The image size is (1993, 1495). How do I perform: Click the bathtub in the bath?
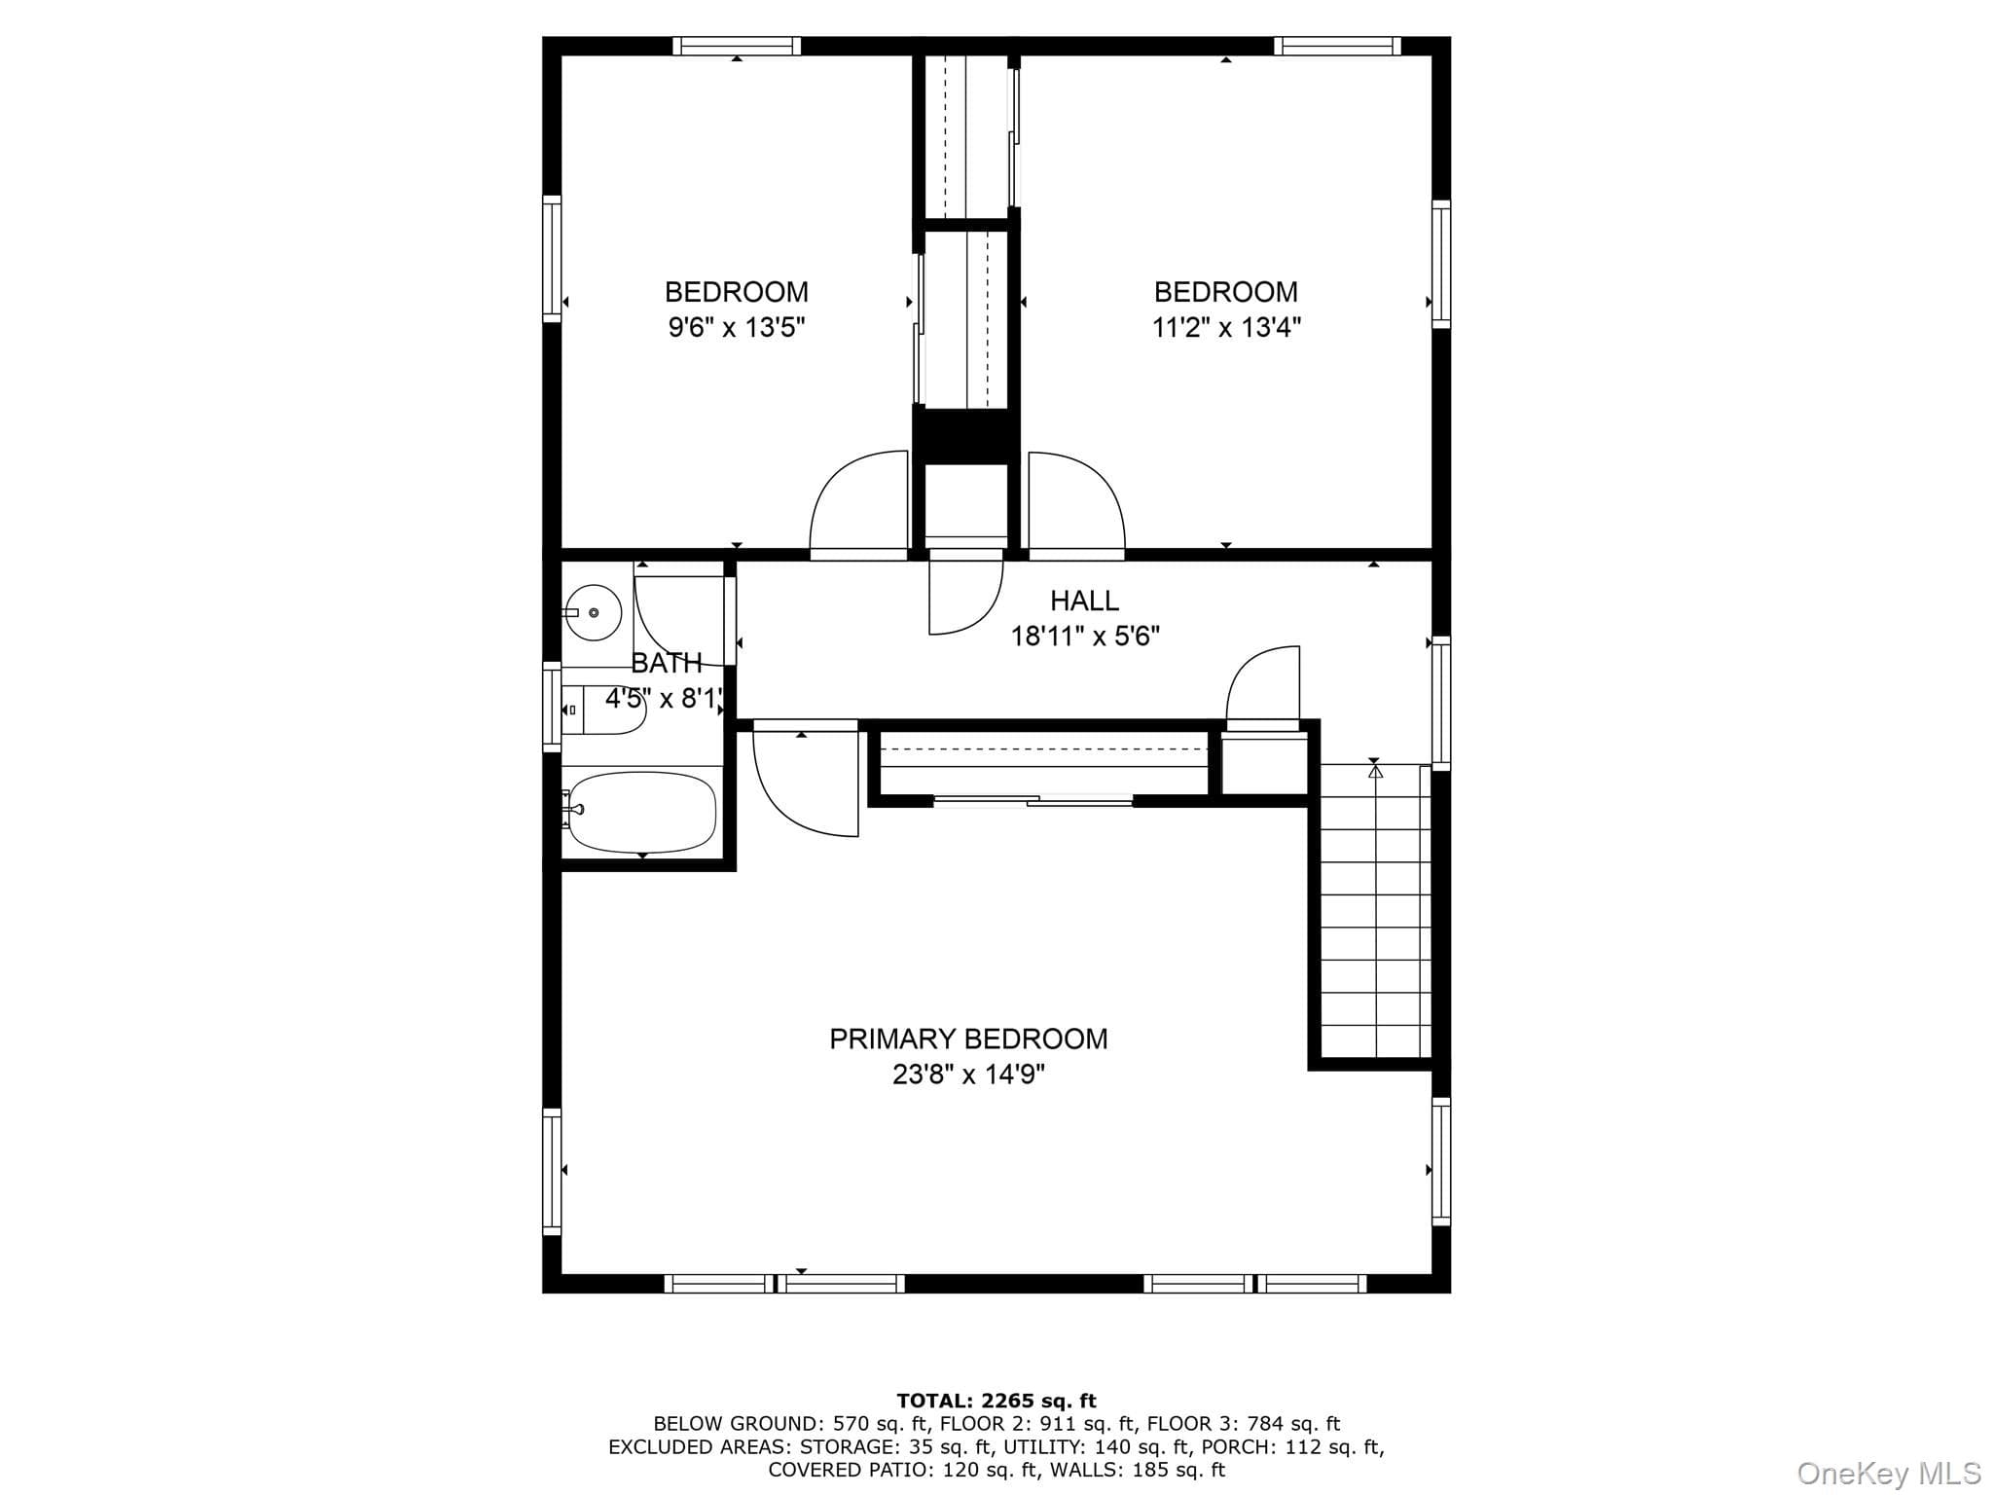[x=642, y=812]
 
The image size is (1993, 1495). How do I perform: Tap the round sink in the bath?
[x=595, y=612]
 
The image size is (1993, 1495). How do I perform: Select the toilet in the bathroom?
[x=603, y=710]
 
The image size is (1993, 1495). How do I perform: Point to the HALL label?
[x=1084, y=601]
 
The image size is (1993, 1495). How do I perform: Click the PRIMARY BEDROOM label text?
[x=968, y=1039]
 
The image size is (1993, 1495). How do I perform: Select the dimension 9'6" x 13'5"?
[x=737, y=327]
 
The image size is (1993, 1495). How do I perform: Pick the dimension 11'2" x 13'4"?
[x=1226, y=327]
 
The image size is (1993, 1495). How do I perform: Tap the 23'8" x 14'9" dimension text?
[x=968, y=1075]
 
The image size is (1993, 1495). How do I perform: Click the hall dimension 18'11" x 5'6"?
[x=1085, y=637]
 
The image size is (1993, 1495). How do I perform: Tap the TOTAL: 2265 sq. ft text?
[x=996, y=1402]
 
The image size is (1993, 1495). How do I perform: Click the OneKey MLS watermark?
[x=1888, y=1474]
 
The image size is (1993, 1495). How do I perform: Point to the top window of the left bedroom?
[x=737, y=46]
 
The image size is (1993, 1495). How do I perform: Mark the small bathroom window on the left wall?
[x=552, y=707]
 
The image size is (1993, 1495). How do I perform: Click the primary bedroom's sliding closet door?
[x=1033, y=801]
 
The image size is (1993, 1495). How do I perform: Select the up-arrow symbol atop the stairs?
[x=1375, y=771]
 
